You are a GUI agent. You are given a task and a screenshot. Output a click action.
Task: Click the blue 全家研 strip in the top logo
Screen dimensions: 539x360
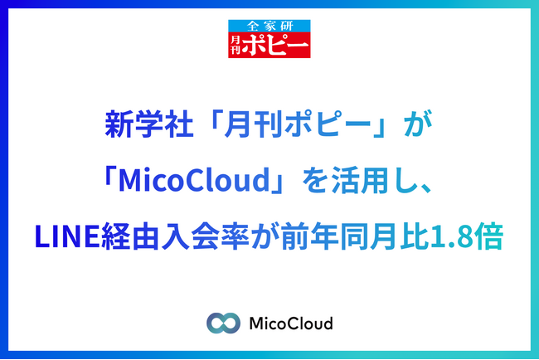[269, 26]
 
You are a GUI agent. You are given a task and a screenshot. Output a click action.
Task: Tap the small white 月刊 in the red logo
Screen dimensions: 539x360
[236, 45]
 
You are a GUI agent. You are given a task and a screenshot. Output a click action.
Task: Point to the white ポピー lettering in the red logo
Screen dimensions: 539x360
[274, 45]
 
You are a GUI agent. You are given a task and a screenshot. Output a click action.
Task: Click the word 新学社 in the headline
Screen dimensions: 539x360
[148, 124]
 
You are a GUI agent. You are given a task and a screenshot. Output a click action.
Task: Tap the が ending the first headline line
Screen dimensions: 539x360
[418, 124]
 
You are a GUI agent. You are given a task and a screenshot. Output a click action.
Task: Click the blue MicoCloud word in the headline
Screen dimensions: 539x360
[194, 180]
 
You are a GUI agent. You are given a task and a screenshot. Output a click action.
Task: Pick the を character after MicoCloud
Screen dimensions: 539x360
[315, 180]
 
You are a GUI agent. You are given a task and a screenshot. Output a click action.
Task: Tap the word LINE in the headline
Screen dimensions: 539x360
[68, 236]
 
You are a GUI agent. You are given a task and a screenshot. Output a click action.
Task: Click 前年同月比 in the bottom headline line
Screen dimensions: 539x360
[355, 236]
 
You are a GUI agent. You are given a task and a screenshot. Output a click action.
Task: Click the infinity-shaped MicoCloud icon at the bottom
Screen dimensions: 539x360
[223, 323]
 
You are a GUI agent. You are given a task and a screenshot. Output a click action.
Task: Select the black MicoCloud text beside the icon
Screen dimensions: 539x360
[291, 324]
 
